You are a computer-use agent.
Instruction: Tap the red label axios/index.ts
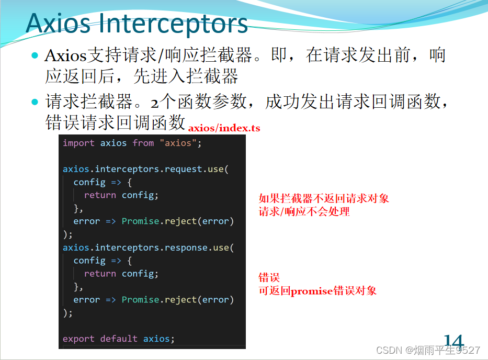pos(224,128)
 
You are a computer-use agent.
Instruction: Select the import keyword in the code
pos(78,143)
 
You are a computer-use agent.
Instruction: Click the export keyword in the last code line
pos(78,339)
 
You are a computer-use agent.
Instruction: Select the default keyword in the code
pos(119,339)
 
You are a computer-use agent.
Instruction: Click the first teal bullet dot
pos(36,55)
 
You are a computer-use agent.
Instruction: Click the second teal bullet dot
pos(36,101)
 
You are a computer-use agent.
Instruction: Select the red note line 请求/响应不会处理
pos(304,212)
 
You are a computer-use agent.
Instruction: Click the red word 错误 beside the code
pos(269,278)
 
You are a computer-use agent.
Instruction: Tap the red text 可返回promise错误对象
pos(317,291)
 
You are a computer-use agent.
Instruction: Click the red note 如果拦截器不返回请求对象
pos(324,199)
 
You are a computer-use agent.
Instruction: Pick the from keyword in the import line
pos(143,143)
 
